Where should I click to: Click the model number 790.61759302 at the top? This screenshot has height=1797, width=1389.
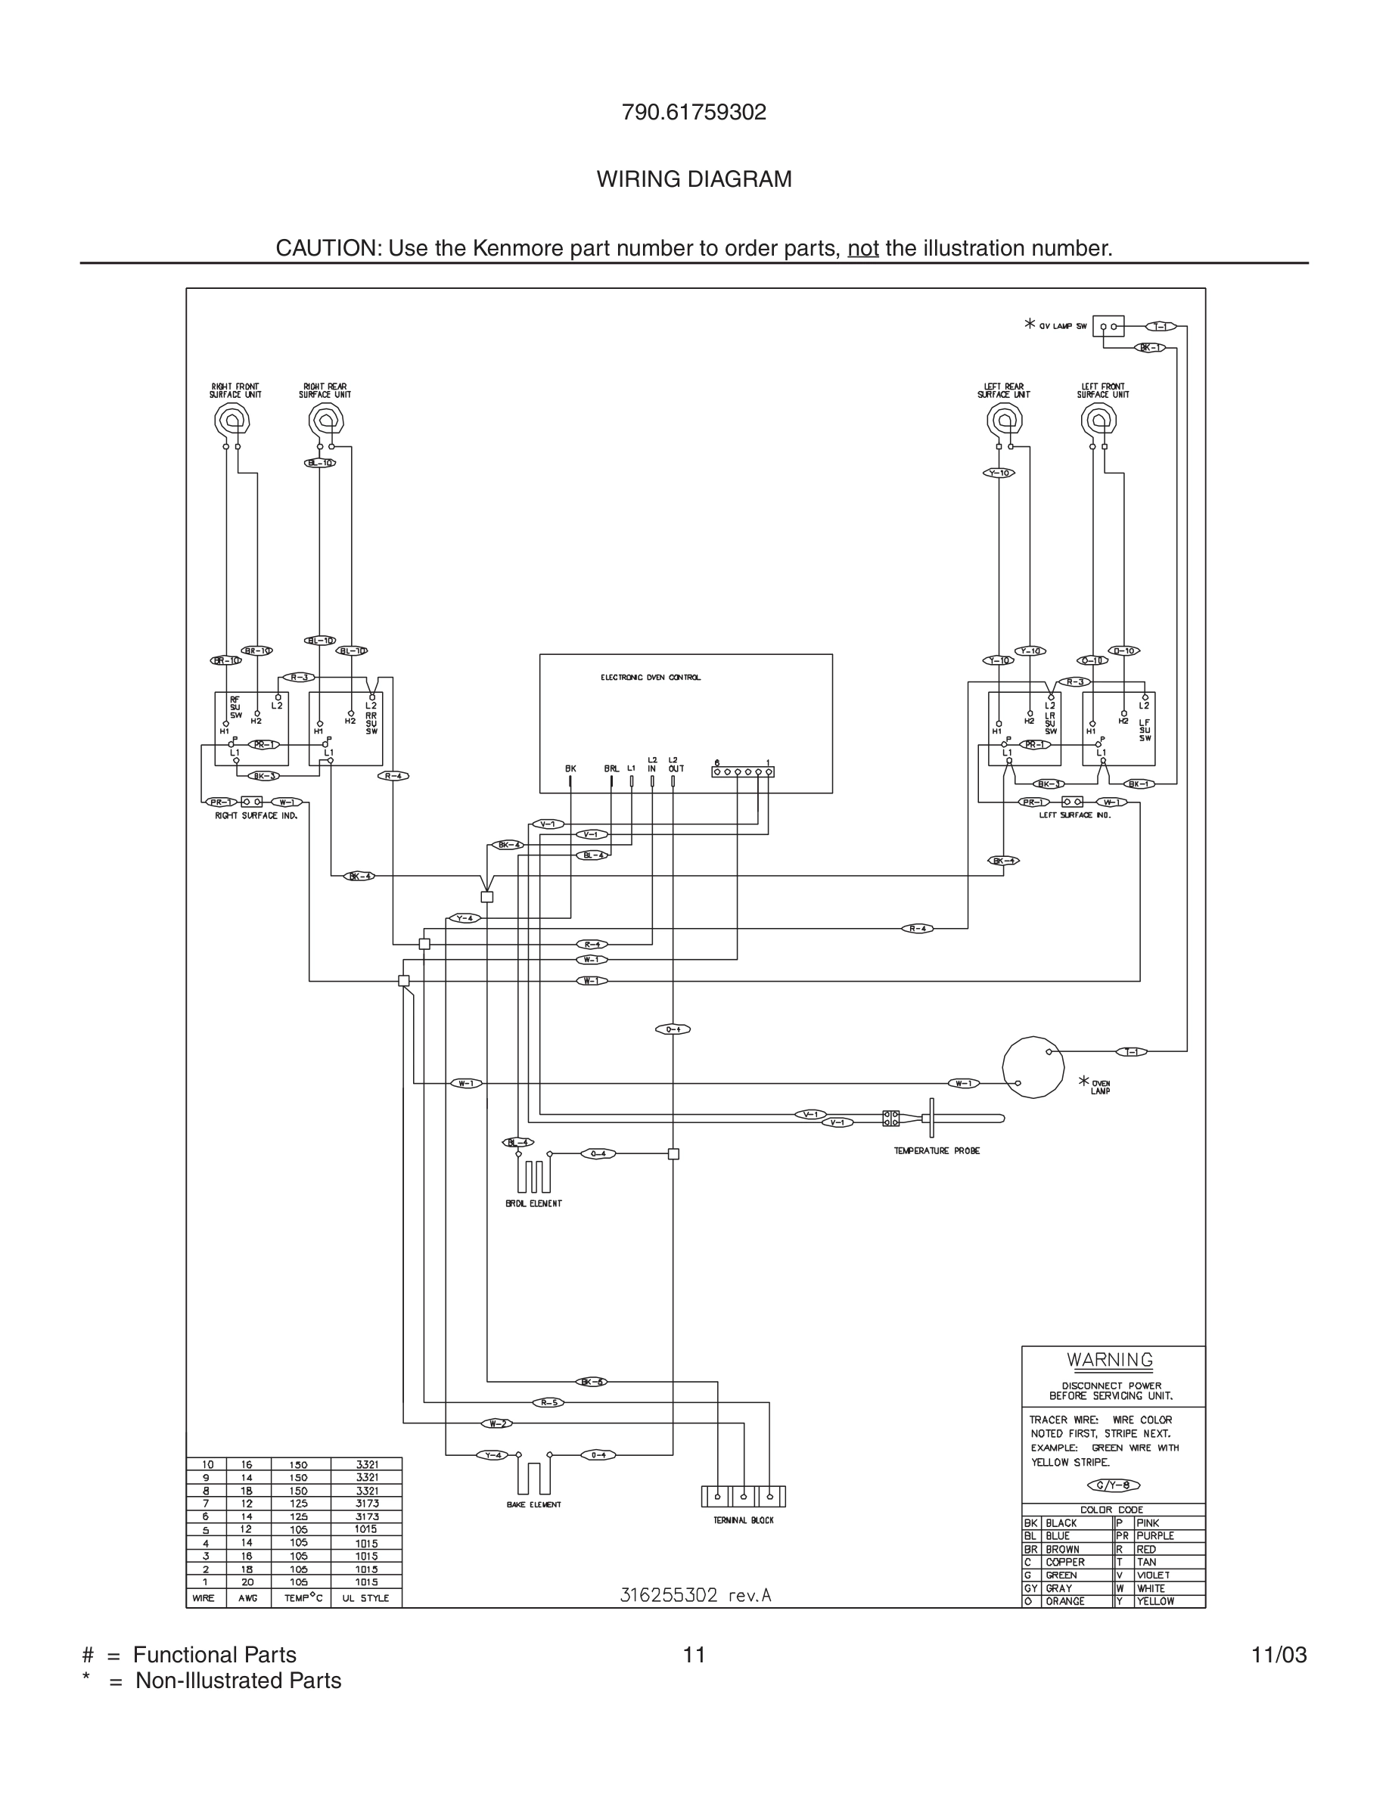(x=694, y=113)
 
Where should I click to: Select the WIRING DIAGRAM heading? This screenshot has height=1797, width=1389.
(x=694, y=179)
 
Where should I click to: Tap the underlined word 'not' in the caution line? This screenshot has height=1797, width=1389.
(x=862, y=249)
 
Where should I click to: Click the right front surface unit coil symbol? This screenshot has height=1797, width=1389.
(x=232, y=421)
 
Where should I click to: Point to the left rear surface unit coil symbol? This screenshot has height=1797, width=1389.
(x=1004, y=421)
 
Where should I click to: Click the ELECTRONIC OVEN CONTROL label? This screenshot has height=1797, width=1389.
(x=650, y=677)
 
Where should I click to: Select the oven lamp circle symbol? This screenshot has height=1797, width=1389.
(x=1033, y=1066)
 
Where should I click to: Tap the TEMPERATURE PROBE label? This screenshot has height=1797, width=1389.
(x=937, y=1151)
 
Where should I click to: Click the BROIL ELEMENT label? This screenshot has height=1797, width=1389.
(x=533, y=1203)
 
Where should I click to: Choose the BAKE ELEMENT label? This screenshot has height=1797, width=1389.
(x=533, y=1504)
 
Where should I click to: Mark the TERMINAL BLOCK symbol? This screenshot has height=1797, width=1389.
(x=743, y=1496)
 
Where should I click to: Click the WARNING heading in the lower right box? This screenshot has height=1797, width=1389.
(x=1110, y=1360)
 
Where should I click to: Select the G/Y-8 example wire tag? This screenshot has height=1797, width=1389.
(x=1114, y=1485)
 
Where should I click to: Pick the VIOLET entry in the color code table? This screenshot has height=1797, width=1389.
(x=1153, y=1575)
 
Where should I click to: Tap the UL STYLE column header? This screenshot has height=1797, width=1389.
(x=365, y=1598)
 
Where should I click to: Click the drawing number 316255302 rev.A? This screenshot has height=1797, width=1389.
(x=694, y=1595)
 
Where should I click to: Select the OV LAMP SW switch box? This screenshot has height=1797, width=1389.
(x=1108, y=327)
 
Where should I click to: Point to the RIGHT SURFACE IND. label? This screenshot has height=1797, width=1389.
(x=256, y=815)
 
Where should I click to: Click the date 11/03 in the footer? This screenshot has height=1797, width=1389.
(x=1279, y=1655)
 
